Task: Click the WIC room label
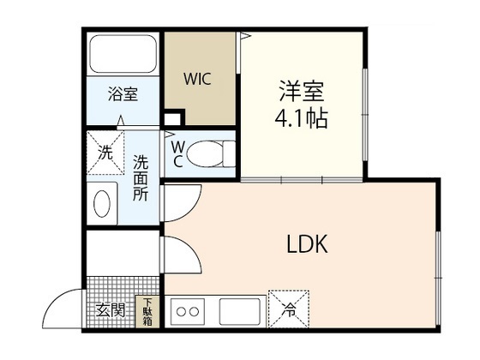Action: pyautogui.click(x=197, y=79)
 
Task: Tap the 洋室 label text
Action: pyautogui.click(x=301, y=91)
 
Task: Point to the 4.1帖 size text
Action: pyautogui.click(x=301, y=118)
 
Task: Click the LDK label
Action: pyautogui.click(x=307, y=243)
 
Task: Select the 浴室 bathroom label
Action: pyautogui.click(x=123, y=94)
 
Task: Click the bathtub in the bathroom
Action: pyautogui.click(x=123, y=54)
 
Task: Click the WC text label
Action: pyautogui.click(x=178, y=154)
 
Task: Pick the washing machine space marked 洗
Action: pyautogui.click(x=105, y=153)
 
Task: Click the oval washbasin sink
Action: pyautogui.click(x=102, y=204)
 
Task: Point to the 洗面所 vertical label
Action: pyautogui.click(x=141, y=178)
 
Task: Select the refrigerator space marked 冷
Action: pyautogui.click(x=289, y=309)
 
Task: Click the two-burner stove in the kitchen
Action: pyautogui.click(x=188, y=312)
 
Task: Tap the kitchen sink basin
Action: pyautogui.click(x=240, y=312)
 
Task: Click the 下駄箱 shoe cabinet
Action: pyautogui.click(x=147, y=312)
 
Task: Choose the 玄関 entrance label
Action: pyautogui.click(x=111, y=310)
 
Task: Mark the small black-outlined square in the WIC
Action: pyautogui.click(x=172, y=119)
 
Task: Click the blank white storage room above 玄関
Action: pyautogui.click(x=123, y=254)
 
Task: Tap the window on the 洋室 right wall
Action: pyautogui.click(x=365, y=115)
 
